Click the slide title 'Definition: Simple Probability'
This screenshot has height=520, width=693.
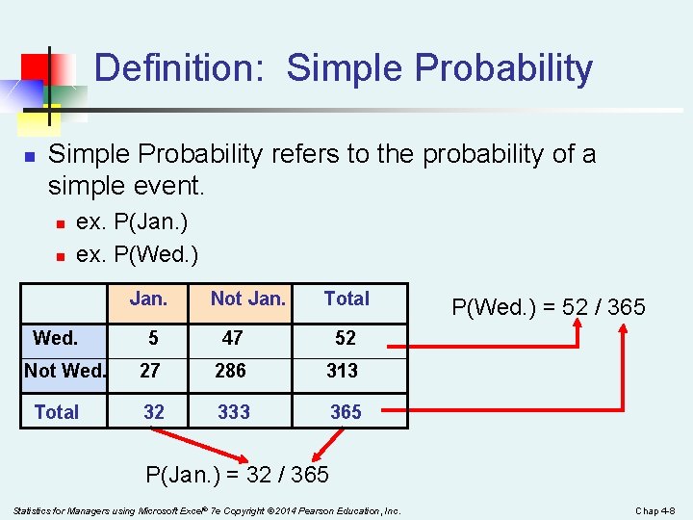(x=344, y=68)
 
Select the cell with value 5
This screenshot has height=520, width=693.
(x=153, y=338)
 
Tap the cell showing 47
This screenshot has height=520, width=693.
(x=232, y=338)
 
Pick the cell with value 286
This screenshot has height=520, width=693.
(x=231, y=371)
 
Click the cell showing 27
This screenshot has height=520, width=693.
(x=150, y=371)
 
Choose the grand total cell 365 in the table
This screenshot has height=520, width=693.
(x=346, y=412)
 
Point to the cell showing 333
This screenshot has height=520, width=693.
(x=234, y=412)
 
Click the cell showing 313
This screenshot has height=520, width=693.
(x=342, y=371)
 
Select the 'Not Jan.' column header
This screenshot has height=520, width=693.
(x=247, y=299)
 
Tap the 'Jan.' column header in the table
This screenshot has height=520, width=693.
(x=148, y=299)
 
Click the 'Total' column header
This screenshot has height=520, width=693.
(x=346, y=299)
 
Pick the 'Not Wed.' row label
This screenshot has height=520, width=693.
(x=65, y=371)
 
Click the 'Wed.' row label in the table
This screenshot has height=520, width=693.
(x=56, y=338)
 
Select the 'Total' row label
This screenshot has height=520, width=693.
(x=57, y=412)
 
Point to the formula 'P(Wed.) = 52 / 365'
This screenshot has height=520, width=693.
(x=549, y=307)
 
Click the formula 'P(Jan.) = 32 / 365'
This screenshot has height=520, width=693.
(x=237, y=475)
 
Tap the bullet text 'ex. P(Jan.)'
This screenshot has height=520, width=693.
(x=132, y=222)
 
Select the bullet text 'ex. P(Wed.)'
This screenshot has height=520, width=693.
(x=137, y=254)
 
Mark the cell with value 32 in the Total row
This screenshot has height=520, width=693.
(x=153, y=412)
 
